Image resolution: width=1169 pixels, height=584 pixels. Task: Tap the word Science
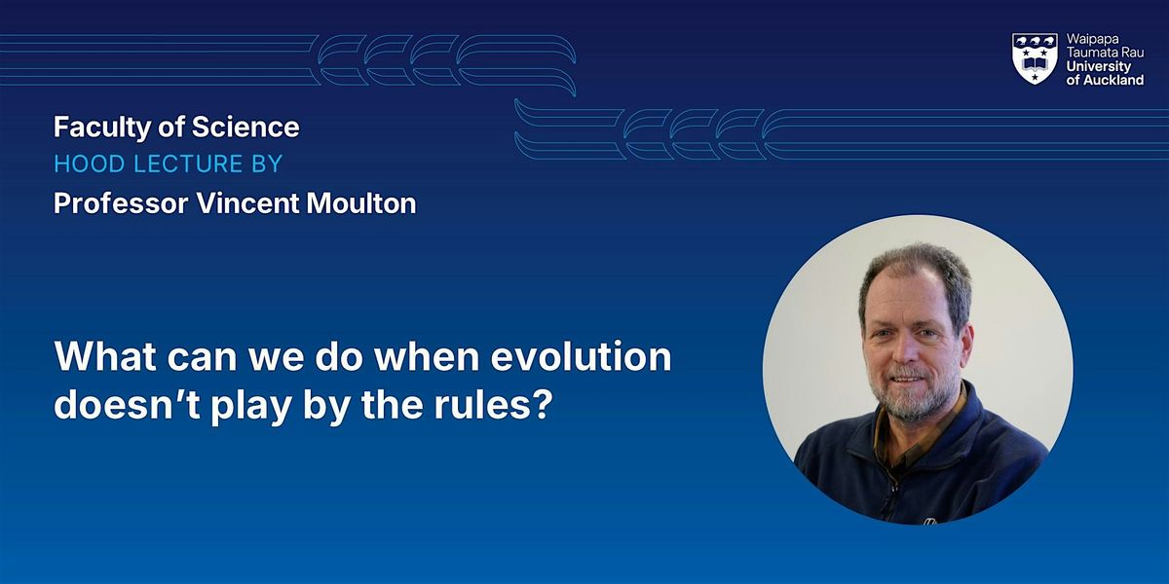click(x=245, y=127)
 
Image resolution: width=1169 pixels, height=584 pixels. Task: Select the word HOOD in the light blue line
click(x=90, y=164)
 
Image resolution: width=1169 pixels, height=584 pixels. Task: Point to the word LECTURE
click(x=188, y=164)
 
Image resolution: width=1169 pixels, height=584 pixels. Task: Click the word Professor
click(x=121, y=202)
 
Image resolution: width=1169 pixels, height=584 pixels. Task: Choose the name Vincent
click(x=247, y=202)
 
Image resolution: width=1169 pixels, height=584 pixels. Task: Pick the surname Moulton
click(x=361, y=202)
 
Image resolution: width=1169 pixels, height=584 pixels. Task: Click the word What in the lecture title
click(x=105, y=356)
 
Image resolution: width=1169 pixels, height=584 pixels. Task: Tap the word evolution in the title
click(x=581, y=356)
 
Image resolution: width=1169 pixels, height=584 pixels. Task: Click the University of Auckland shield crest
click(x=1035, y=58)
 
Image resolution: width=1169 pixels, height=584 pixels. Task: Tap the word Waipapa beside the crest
click(x=1093, y=39)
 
